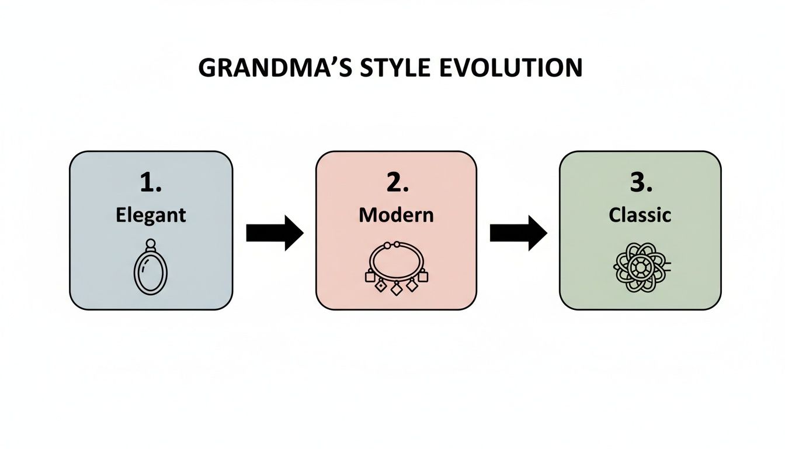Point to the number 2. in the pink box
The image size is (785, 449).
coord(396,184)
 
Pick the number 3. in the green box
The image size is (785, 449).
coord(640,184)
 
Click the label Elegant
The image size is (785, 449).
coord(151,215)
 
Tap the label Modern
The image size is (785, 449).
coord(396,215)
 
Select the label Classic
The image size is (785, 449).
coord(640,215)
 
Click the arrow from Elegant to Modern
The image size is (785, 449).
coord(274,233)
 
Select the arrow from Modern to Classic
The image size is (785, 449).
coord(518,233)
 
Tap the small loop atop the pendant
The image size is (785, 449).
coord(151,244)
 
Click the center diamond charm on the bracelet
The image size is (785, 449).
coord(396,288)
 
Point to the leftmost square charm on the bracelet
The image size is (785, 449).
coord(370,276)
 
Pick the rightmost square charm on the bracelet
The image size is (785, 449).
coord(422,276)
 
